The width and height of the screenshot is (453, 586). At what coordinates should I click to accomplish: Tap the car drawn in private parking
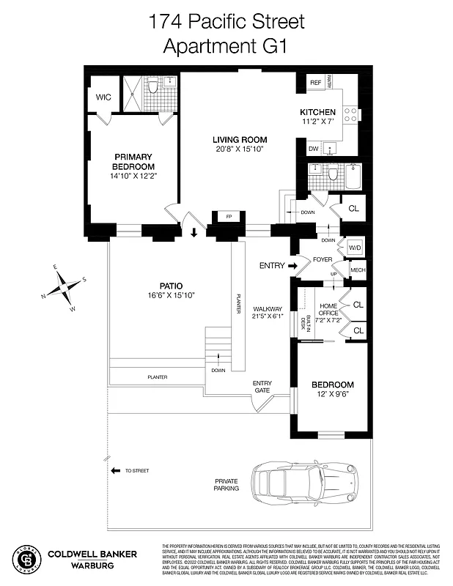[307, 483]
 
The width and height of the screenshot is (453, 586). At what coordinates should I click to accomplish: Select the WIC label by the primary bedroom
[103, 97]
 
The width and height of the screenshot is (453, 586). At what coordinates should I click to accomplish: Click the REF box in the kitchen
[315, 83]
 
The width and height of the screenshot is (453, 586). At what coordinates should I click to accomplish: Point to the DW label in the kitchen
[314, 149]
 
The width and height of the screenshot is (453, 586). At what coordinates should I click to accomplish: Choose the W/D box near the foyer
[355, 247]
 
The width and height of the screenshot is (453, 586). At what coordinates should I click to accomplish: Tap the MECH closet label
[357, 270]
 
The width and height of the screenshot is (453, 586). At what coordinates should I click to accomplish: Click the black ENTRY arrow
[291, 265]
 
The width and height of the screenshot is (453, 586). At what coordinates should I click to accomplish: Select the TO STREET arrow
[115, 471]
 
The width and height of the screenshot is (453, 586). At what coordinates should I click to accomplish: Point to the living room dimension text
[240, 149]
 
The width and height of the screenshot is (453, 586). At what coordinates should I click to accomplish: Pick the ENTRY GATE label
[262, 387]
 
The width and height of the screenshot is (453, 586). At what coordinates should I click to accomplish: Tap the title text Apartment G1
[226, 46]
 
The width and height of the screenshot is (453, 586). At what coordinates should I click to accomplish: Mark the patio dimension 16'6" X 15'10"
[171, 295]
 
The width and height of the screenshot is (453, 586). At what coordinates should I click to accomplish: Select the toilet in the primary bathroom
[152, 88]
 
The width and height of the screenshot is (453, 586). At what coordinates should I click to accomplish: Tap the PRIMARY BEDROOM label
[133, 161]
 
